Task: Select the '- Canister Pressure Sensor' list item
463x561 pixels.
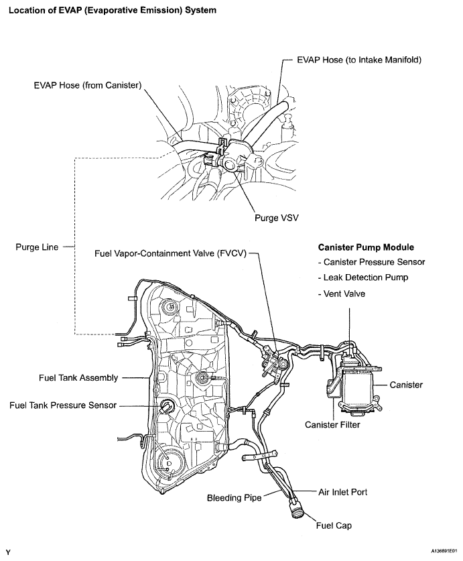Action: pos(373,262)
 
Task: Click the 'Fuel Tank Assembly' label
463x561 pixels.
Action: pos(78,378)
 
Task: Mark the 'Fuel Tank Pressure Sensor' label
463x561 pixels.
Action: pos(63,406)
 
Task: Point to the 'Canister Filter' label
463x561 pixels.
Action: pos(332,425)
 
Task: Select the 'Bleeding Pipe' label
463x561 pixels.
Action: pos(234,498)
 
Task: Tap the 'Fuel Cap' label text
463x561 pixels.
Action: pos(334,525)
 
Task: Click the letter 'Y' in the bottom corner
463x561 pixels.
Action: pos(8,552)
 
